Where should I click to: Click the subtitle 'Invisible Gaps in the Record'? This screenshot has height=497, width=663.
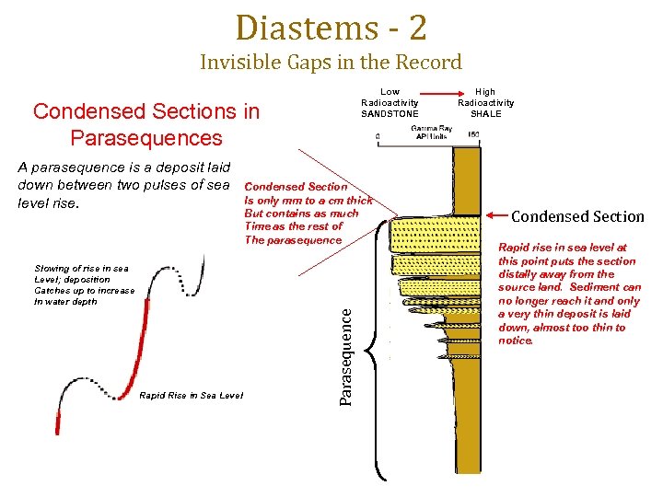coord(331,63)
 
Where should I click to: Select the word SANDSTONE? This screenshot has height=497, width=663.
coord(390,114)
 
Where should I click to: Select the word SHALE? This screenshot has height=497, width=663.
coord(485,114)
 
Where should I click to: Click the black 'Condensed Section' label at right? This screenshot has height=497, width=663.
coord(577,216)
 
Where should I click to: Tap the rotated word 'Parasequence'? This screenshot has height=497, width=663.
coord(346,354)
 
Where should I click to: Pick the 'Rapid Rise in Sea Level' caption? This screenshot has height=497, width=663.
coord(191,396)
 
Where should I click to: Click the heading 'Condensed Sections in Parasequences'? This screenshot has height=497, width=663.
coord(146,125)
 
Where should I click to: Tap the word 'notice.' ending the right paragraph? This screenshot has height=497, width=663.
coord(516,341)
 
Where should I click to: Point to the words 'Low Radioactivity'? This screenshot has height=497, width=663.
coord(390,98)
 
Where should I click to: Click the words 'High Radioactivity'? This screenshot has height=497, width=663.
coord(485,98)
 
